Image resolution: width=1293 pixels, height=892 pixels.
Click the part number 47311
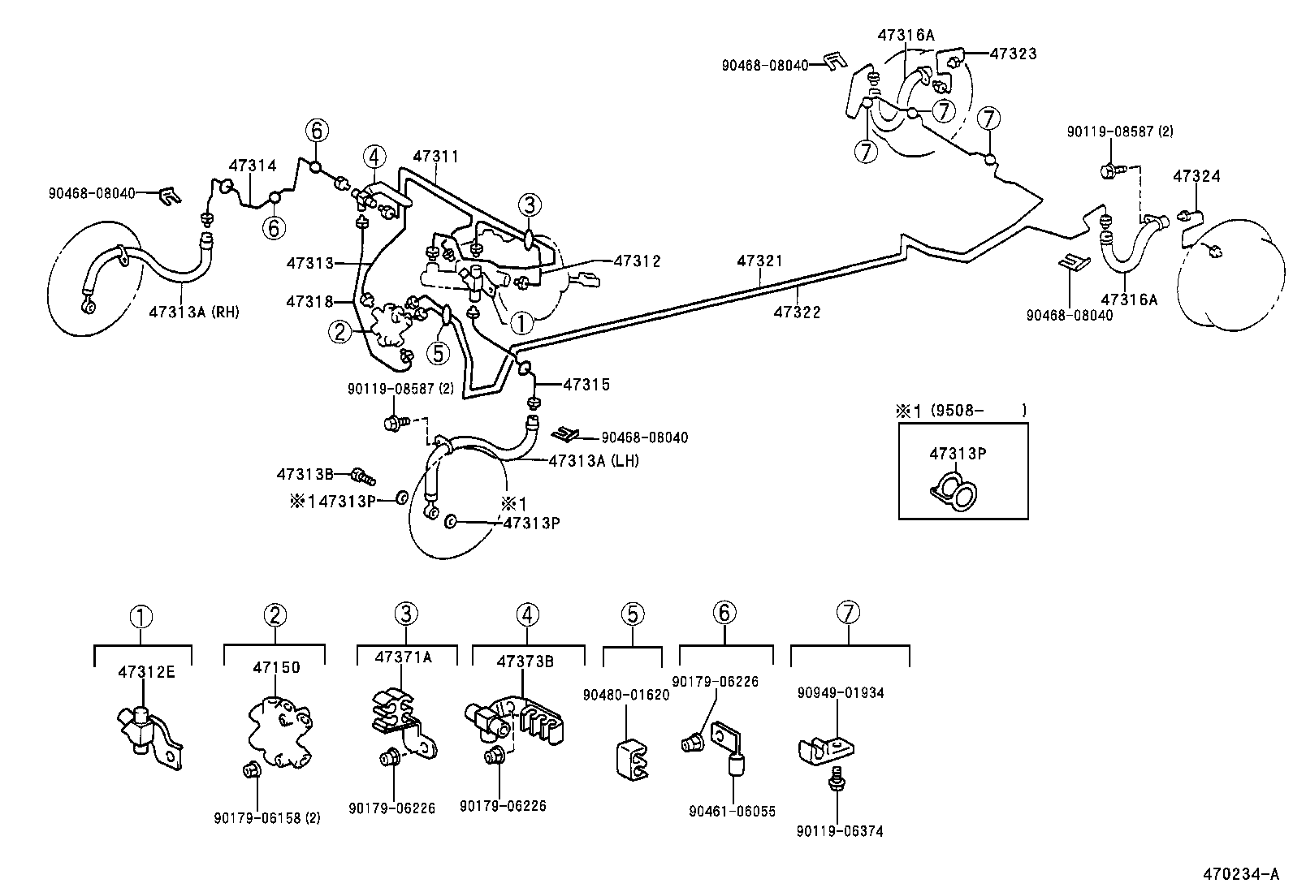click(436, 156)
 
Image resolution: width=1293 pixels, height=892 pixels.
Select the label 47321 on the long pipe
click(760, 261)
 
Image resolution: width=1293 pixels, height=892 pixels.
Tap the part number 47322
click(797, 312)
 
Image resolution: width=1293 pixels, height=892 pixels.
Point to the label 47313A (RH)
click(193, 312)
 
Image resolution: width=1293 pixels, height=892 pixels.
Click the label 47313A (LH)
click(594, 461)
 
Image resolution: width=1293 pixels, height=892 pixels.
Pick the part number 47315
click(586, 384)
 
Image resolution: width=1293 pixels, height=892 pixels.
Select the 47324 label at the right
click(1196, 176)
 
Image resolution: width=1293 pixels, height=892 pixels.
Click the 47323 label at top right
click(1013, 54)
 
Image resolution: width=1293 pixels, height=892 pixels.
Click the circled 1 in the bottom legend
click(142, 617)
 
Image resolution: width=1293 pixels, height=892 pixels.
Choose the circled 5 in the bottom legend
click(634, 615)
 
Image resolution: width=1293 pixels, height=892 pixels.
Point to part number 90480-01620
click(626, 695)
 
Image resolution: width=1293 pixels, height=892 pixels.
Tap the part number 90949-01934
click(841, 693)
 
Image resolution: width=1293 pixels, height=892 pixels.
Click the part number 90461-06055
click(732, 811)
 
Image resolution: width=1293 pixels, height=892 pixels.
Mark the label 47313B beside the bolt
click(305, 474)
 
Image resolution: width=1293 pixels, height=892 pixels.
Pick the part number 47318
click(309, 302)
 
